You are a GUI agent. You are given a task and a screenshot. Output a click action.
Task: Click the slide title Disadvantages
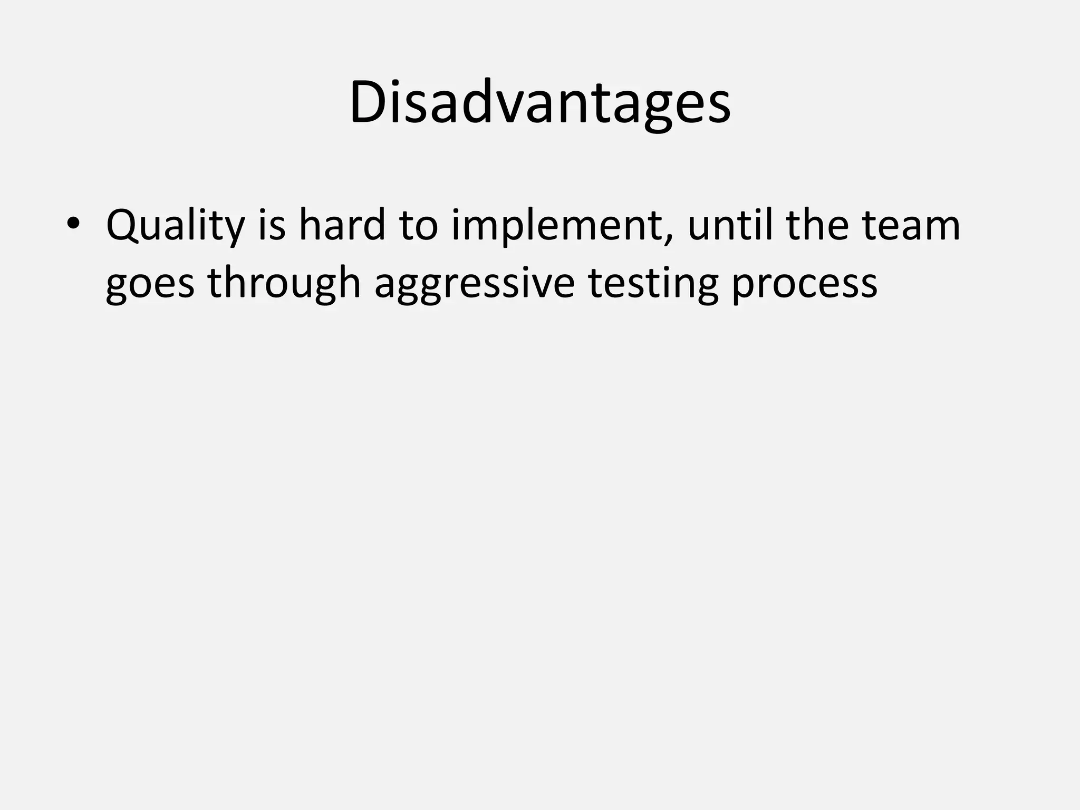[539, 103]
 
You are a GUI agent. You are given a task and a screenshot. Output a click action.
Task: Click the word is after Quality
[272, 225]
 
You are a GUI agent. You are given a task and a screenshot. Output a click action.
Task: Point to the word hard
[342, 225]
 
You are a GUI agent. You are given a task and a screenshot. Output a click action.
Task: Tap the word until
[730, 225]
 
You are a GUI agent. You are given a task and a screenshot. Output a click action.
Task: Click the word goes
[150, 285]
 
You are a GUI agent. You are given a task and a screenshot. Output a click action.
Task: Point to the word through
[284, 284]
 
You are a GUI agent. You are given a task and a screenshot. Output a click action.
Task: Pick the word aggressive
[474, 285]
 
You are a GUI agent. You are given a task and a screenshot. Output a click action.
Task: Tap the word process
[804, 285]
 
